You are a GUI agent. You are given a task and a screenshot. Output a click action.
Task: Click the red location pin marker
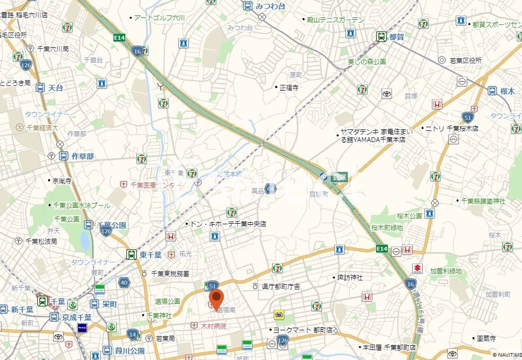point(216,299)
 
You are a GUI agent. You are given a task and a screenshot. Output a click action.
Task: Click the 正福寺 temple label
point(289,87)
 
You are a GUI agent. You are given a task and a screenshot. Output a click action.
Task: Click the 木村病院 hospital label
point(208,326)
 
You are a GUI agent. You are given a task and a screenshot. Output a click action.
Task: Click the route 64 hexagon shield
point(271,189)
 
